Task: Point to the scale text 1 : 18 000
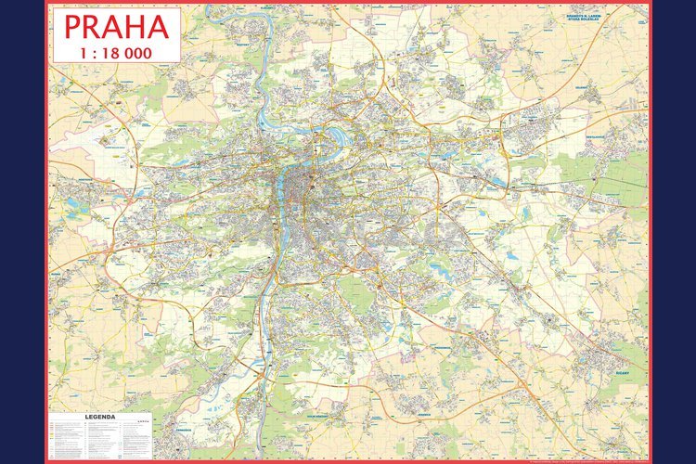point(116,51)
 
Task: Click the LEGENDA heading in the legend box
point(100,418)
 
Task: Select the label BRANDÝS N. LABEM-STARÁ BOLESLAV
point(588,19)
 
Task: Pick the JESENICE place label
point(425,415)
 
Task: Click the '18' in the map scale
point(113,51)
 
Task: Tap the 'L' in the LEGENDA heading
point(87,418)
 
